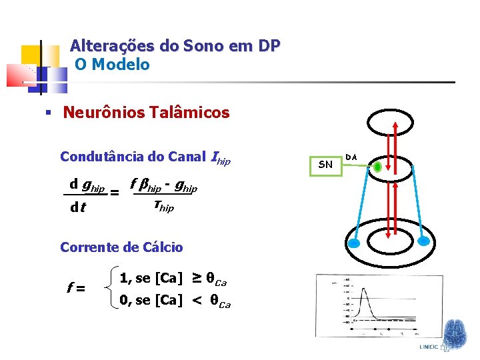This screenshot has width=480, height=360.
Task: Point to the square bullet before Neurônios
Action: [x=47, y=113]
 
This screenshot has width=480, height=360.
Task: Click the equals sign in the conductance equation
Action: [x=114, y=193]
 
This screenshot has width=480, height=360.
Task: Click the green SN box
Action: [x=325, y=164]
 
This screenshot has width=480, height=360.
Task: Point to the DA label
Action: [x=351, y=157]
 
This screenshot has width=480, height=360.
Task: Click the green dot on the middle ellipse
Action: [x=377, y=167]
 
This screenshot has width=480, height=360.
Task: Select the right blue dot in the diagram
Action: [x=423, y=241]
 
